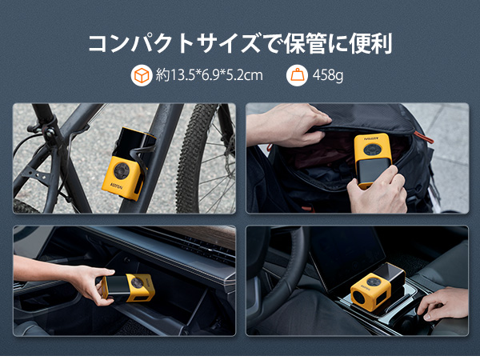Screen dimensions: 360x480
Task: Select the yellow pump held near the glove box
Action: (x=130, y=287)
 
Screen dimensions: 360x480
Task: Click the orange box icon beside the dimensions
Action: (x=142, y=76)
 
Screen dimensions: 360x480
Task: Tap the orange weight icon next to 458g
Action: (x=297, y=76)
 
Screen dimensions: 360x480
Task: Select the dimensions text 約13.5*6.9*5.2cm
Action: (x=210, y=76)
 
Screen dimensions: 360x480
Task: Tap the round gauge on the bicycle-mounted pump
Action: (x=123, y=170)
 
